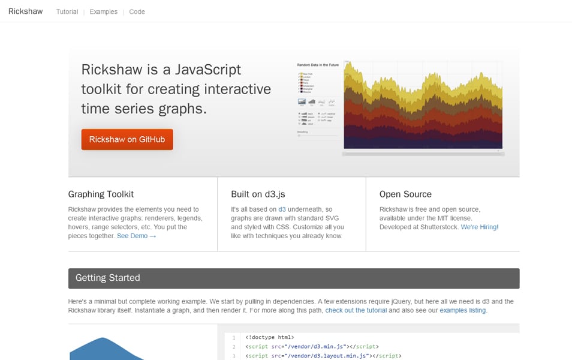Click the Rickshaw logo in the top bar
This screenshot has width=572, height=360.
pos(26,11)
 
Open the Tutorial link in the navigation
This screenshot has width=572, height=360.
pos(67,12)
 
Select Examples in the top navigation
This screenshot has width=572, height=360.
pos(104,12)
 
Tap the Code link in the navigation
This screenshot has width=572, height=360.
pos(137,12)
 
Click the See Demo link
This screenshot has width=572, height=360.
pos(136,236)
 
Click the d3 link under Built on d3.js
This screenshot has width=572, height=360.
pos(282,209)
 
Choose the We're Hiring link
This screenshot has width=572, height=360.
pos(479,227)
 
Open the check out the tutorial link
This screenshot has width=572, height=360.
pos(356,311)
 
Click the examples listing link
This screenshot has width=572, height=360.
pos(462,311)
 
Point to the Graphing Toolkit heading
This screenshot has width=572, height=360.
pos(101,194)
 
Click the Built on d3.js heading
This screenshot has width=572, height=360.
pos(258,194)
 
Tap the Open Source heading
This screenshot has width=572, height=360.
pos(405,194)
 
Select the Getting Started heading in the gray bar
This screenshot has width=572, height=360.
pos(108,278)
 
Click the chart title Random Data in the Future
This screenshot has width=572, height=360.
pos(318,64)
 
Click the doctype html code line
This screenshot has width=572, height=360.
pos(270,338)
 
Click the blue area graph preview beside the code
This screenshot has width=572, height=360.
pos(105,349)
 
